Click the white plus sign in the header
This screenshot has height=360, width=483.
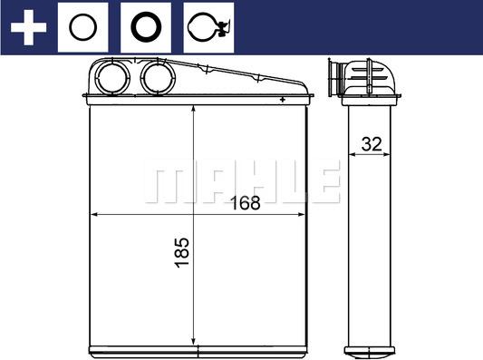point(28,27)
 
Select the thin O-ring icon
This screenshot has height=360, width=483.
point(83,27)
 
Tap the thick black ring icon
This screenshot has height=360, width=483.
point(146,27)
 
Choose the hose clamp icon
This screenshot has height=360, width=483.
point(207,27)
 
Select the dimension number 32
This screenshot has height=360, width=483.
point(370,143)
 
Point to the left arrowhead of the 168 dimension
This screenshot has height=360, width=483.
point(93,215)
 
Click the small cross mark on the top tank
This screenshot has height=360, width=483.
point(283,98)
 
